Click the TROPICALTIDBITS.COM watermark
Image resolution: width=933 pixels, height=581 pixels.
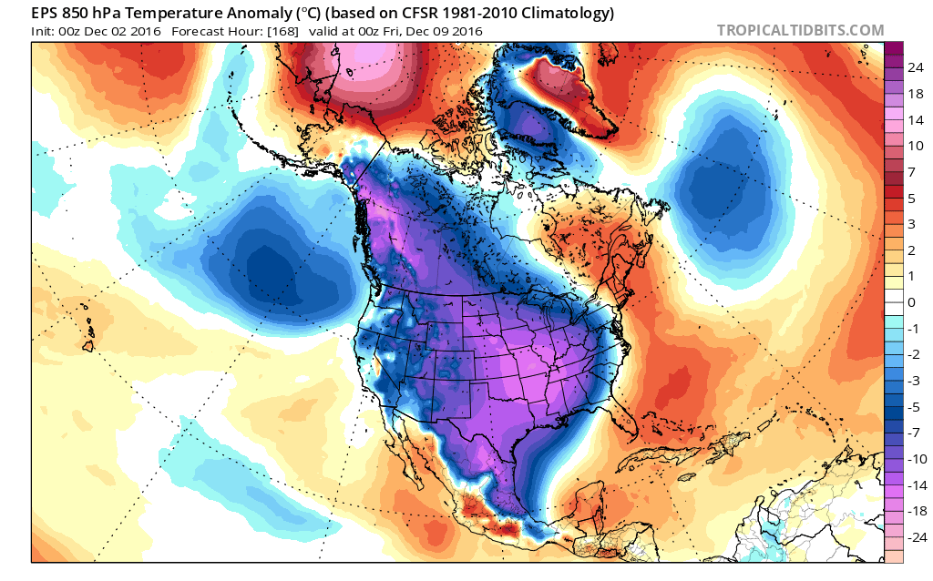pos(800,30)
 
